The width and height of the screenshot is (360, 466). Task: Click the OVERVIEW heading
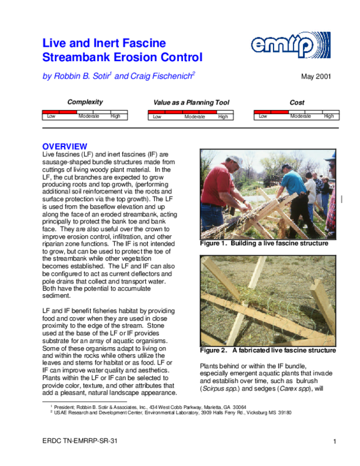64,147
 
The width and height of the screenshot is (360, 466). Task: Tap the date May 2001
316,76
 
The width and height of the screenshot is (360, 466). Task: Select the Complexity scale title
85,102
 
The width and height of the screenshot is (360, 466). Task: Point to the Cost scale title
297,103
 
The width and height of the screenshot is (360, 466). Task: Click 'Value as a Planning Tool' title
191,103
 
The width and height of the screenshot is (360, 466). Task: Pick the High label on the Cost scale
328,116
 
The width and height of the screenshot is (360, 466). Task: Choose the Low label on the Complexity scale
52,116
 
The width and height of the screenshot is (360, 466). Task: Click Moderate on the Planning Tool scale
194,116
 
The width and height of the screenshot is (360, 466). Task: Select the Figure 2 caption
268,350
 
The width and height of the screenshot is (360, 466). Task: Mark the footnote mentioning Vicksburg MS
171,413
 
